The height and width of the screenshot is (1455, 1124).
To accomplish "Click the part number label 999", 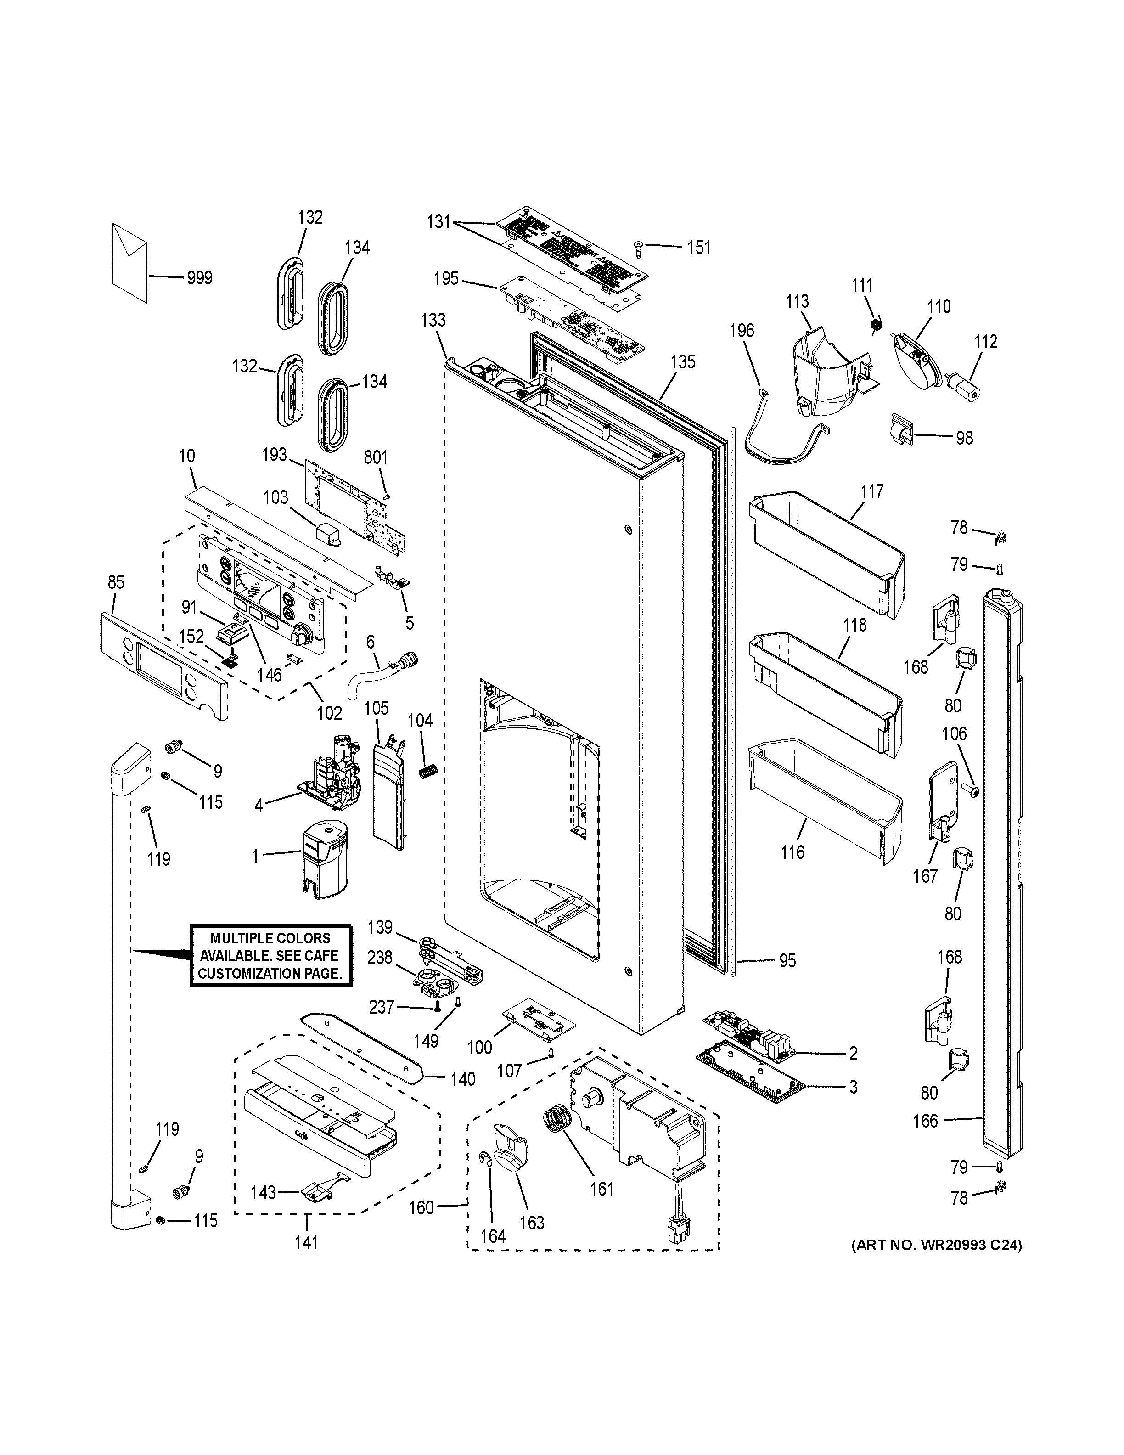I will [199, 278].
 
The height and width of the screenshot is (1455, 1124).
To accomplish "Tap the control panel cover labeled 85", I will [163, 666].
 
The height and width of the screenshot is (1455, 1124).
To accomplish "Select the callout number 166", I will [925, 1121].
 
